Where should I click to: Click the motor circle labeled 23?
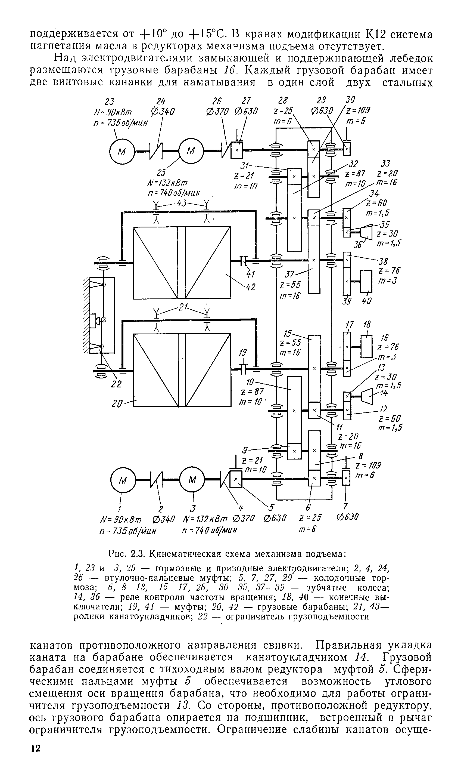point(122,152)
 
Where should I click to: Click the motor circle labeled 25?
point(191,151)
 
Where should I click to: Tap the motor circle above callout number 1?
point(123,480)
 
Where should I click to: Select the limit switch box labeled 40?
point(366,281)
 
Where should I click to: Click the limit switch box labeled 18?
point(367,346)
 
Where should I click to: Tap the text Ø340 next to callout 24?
point(162,111)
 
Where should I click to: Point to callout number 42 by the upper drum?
point(250,287)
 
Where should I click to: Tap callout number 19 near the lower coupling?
point(243,353)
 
